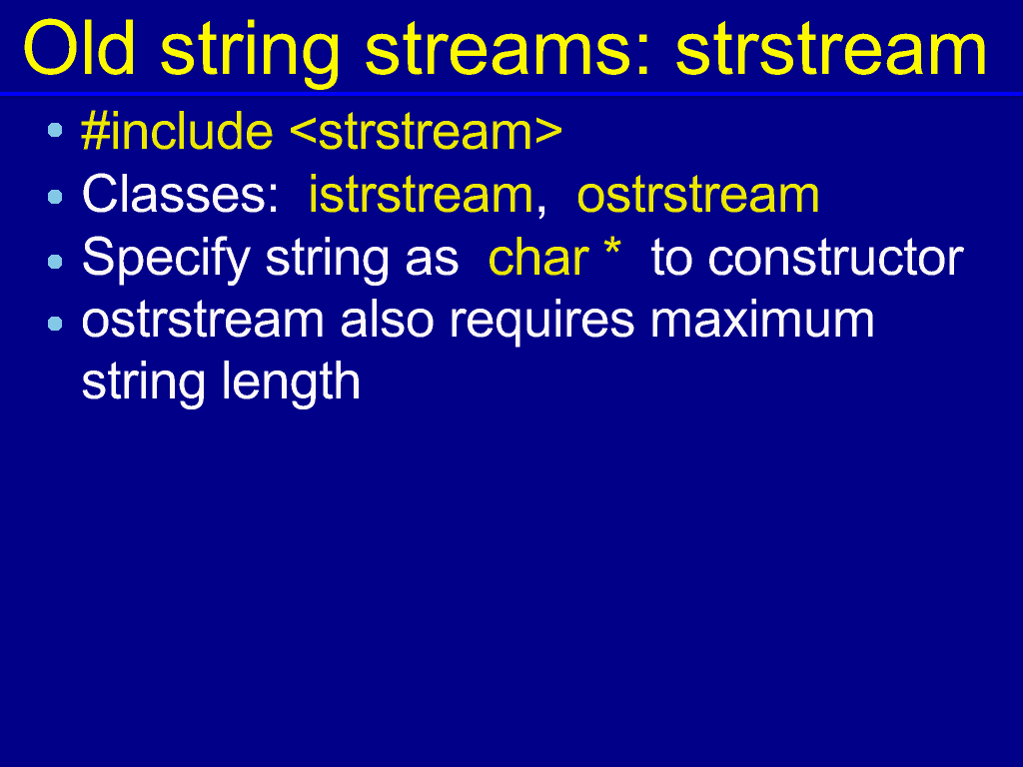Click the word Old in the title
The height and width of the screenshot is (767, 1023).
click(79, 49)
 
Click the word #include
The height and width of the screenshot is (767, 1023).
click(177, 131)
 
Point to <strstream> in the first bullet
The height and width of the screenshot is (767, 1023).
click(426, 132)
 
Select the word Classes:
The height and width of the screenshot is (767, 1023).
click(181, 194)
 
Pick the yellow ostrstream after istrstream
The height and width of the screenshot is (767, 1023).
click(698, 195)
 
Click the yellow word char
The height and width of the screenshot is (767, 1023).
click(538, 258)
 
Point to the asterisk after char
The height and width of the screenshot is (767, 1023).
click(612, 249)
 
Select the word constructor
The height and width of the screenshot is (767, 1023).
click(836, 259)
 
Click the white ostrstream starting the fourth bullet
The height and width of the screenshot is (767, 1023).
click(203, 321)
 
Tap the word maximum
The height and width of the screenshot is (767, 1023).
click(762, 321)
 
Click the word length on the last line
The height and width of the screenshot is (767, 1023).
click(291, 383)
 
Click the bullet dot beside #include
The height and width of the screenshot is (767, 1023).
click(55, 131)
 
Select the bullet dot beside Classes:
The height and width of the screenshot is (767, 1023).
click(55, 197)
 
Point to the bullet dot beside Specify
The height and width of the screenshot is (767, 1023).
click(55, 262)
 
